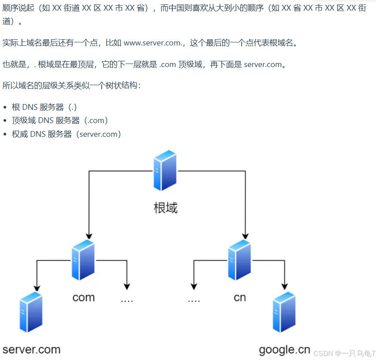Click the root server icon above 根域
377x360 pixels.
click(x=165, y=171)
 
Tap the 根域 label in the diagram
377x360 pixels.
click(x=165, y=207)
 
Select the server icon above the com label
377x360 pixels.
click(x=83, y=260)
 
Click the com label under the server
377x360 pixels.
click(x=83, y=297)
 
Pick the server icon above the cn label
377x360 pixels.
click(x=240, y=260)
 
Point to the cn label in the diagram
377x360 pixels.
click(x=240, y=297)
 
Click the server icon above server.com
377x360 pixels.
click(x=31, y=312)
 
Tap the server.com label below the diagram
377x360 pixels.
click(x=31, y=350)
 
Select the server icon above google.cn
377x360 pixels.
click(x=284, y=312)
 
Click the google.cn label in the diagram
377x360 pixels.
click(x=284, y=350)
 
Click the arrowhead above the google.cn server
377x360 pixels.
click(x=284, y=286)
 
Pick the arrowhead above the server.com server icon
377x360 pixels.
click(x=37, y=286)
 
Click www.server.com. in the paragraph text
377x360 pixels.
click(x=153, y=43)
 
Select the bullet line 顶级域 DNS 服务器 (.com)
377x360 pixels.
click(x=60, y=120)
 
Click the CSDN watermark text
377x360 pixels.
click(x=344, y=353)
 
